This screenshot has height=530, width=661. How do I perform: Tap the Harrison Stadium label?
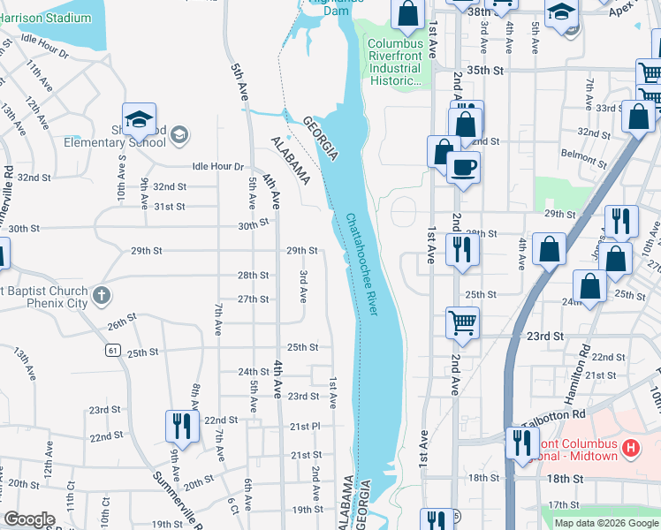(x=46, y=18)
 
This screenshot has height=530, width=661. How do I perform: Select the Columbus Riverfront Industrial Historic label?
(x=394, y=62)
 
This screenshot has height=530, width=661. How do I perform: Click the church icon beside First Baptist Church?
(x=102, y=295)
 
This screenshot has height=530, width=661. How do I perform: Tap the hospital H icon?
(x=630, y=449)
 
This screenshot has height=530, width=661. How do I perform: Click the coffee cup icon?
(x=463, y=167)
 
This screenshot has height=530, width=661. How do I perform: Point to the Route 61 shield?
(x=112, y=351)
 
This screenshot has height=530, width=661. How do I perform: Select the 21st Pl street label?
(x=305, y=426)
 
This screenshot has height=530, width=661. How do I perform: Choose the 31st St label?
(x=170, y=207)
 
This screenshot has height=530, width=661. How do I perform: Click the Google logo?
(x=30, y=519)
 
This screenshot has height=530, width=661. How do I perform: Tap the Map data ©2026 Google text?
(x=606, y=523)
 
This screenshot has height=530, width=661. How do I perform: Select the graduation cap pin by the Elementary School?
(x=139, y=119)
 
